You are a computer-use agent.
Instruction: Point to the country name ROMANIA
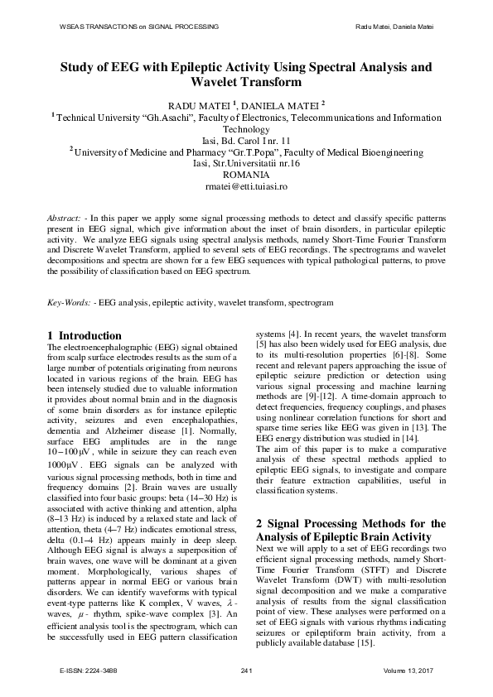pos(246,175)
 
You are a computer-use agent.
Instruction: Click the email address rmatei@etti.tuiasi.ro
pos(246,187)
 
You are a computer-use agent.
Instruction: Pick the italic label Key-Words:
pos(69,304)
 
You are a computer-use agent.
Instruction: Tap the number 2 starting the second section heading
pos(259,501)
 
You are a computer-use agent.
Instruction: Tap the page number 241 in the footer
pos(246,669)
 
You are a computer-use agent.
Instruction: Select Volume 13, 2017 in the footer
pos(408,669)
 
